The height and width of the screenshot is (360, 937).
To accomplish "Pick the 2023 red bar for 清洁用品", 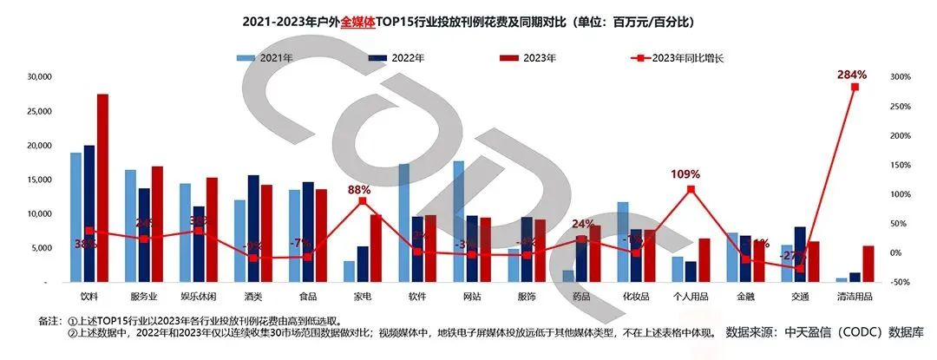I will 868,264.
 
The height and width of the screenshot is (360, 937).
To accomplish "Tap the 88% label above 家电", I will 359,189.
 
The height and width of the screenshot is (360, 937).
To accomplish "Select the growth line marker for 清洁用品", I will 854,87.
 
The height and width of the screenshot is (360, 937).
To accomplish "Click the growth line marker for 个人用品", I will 691,188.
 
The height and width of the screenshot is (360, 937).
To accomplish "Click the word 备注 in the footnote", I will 49,319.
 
